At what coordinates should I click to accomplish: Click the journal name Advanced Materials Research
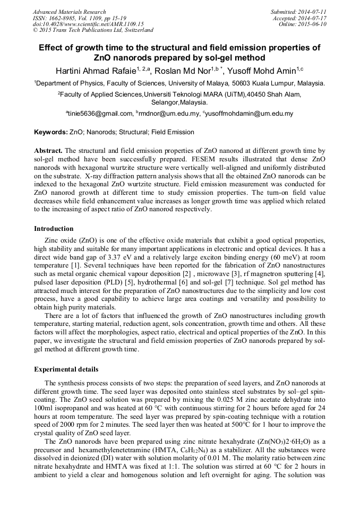[x=69, y=12]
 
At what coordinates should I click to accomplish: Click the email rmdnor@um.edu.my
[x=169, y=114]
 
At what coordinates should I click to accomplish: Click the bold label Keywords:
[x=50, y=132]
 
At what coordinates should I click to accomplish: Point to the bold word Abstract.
[x=48, y=151]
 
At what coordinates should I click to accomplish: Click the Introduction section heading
[x=54, y=228]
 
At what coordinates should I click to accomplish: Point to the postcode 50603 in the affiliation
[x=250, y=83]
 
